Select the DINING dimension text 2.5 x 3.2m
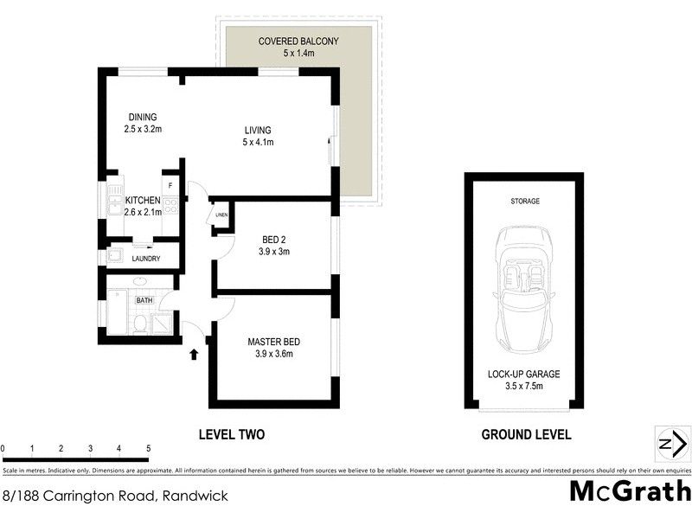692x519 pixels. (144, 130)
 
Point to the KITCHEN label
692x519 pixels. (143, 201)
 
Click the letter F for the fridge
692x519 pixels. (170, 186)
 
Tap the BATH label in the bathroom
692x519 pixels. (144, 300)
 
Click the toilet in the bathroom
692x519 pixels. (139, 324)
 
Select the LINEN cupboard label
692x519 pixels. (221, 215)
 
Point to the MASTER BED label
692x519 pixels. (273, 342)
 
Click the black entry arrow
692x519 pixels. (194, 353)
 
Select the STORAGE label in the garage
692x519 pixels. (524, 201)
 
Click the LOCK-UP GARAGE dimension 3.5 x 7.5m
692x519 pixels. (525, 387)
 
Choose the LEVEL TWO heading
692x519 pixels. (231, 434)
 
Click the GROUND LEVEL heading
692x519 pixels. (526, 434)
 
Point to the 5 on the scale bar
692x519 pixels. (149, 448)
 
